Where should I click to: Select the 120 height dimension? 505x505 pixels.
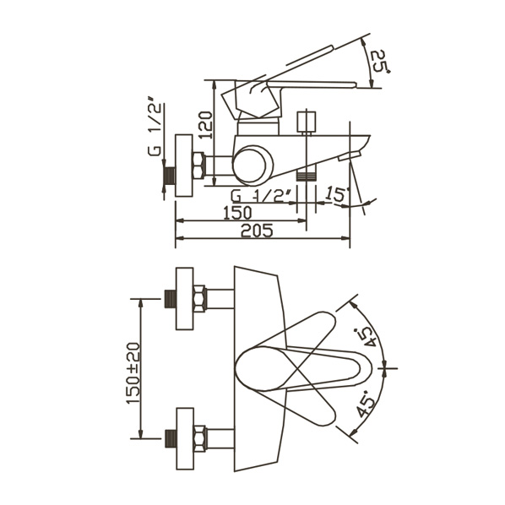205,125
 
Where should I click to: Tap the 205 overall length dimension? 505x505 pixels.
257,231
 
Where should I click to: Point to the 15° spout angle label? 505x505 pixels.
337,194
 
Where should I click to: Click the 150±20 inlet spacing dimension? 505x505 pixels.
133,372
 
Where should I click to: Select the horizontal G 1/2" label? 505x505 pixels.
260,196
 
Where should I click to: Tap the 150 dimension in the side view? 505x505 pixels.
237,213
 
